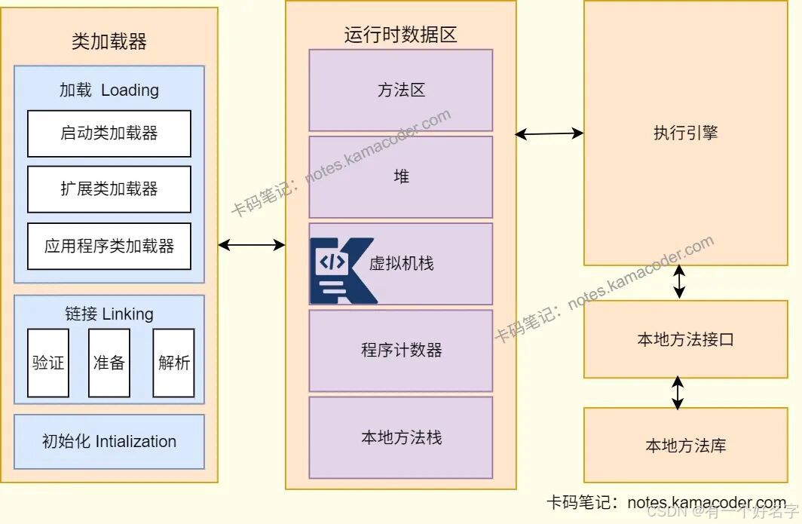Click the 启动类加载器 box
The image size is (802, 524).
[x=109, y=133]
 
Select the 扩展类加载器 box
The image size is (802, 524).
[x=109, y=189]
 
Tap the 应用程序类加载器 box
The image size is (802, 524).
[x=109, y=246]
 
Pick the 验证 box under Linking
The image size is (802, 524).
[x=48, y=363]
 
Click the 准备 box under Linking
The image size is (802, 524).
[x=109, y=363]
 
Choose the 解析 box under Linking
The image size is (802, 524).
[x=173, y=363]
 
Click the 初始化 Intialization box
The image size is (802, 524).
[x=109, y=442]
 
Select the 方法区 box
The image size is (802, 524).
[x=401, y=90]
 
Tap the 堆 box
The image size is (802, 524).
[x=401, y=177]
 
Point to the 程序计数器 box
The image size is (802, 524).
[x=401, y=351]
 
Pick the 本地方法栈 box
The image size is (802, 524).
[x=401, y=437]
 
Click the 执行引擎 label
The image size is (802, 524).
[x=685, y=133]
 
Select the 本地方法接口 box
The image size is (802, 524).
[x=685, y=339]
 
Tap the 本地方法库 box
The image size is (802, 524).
[x=685, y=445]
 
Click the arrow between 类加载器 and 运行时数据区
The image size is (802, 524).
[x=252, y=244]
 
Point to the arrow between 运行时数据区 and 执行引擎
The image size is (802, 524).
[x=549, y=134]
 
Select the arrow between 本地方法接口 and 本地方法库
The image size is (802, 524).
[x=678, y=393]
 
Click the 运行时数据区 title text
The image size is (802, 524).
[x=401, y=35]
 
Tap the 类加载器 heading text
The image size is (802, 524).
[x=109, y=41]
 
